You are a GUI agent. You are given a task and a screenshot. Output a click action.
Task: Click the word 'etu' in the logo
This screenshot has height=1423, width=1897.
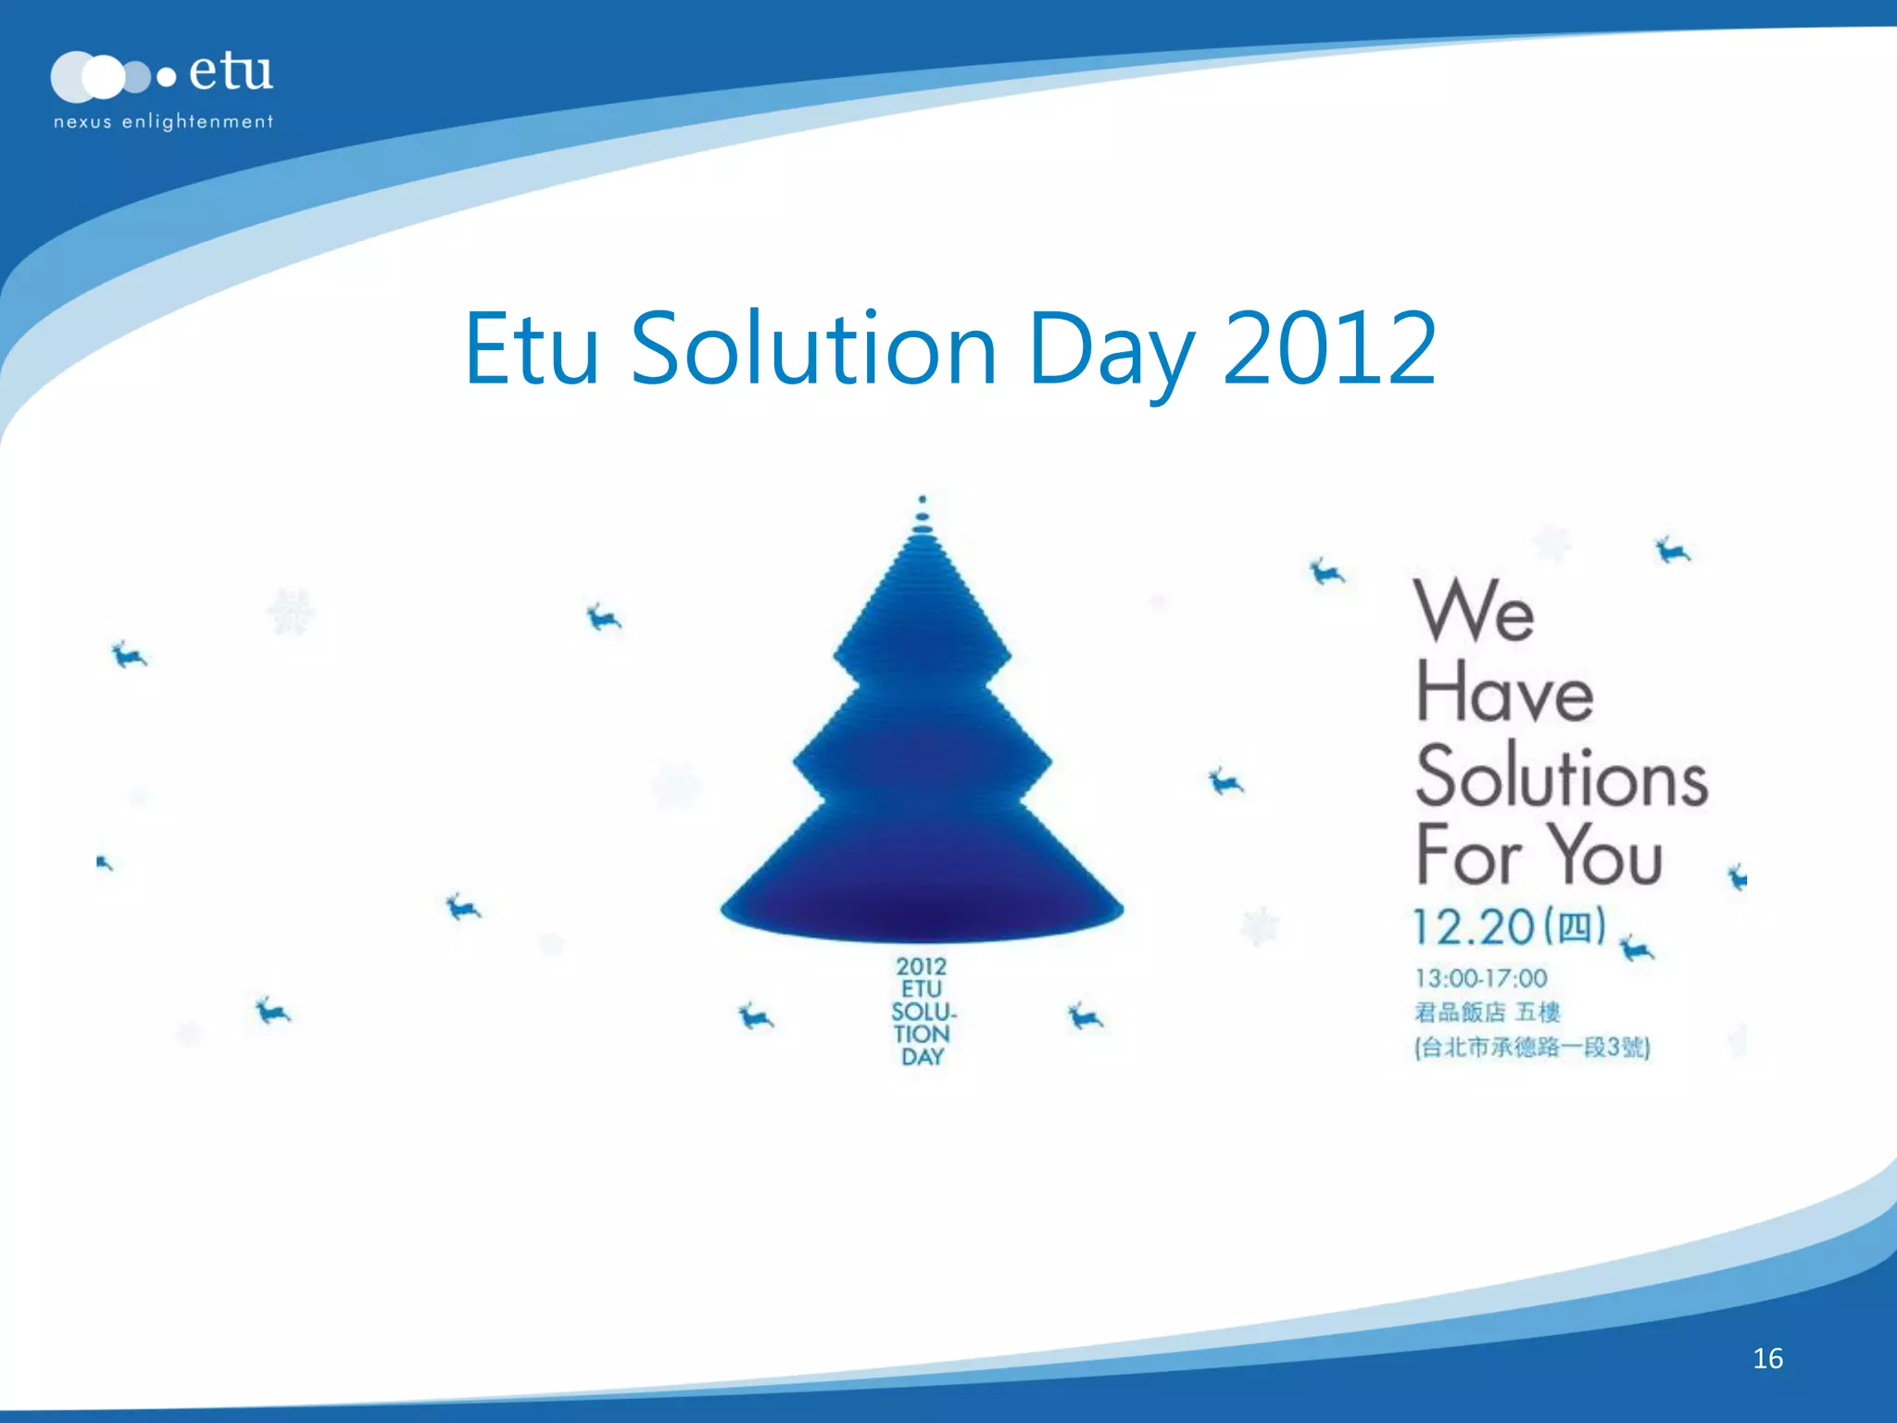(x=231, y=71)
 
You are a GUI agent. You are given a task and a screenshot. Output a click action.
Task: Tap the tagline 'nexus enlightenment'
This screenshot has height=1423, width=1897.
(x=163, y=121)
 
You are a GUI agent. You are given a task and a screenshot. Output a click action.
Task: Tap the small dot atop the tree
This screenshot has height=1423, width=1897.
(x=922, y=499)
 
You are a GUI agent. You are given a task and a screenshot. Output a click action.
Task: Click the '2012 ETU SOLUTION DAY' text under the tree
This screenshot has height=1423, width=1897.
(x=923, y=1012)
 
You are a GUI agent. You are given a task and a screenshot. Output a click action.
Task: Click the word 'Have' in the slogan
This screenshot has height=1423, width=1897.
(x=1504, y=692)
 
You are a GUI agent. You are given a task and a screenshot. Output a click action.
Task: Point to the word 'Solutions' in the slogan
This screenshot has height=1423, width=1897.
(x=1562, y=775)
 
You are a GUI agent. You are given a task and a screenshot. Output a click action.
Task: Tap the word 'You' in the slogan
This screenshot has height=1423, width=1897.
(x=1607, y=856)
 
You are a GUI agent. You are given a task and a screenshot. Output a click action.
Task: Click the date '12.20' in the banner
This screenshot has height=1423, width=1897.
(x=1473, y=926)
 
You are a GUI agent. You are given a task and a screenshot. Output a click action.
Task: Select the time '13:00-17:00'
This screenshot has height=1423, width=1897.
(x=1480, y=978)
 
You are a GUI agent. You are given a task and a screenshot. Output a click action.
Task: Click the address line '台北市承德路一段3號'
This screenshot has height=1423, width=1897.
(x=1532, y=1048)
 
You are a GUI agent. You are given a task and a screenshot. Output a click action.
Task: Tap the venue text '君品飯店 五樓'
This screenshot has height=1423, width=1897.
(x=1487, y=1013)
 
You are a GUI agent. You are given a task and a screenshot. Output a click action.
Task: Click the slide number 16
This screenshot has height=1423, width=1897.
(x=1767, y=1358)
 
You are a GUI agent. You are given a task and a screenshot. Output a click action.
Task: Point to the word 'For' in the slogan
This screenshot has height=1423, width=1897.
(x=1468, y=856)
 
